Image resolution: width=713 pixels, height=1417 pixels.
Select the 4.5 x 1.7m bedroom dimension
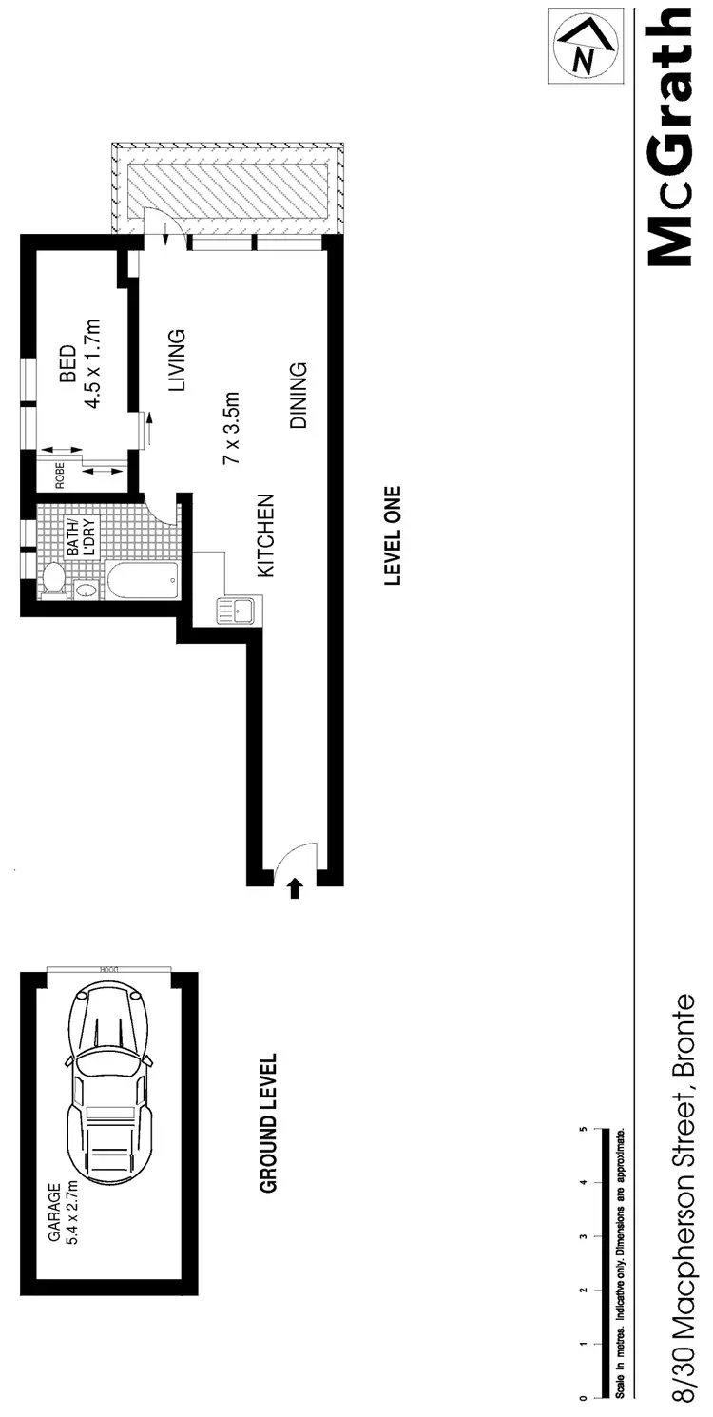93,363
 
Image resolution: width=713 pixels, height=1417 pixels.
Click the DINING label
299,396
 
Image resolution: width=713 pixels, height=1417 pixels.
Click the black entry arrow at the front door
295,888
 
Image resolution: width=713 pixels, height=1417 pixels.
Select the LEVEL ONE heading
392,536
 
